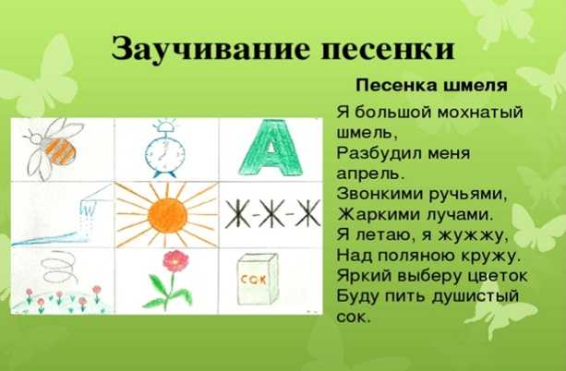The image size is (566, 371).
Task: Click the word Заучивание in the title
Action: pos(211,50)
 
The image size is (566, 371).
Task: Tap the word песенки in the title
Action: pos(387,50)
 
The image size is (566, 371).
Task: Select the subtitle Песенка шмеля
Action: pos(432,86)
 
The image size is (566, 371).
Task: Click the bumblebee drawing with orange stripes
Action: pos(54,149)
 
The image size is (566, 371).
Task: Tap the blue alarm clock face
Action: pos(164,153)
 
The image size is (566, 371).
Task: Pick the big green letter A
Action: pos(271,148)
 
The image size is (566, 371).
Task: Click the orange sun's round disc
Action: pos(167,215)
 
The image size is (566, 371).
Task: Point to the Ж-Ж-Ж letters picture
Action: pos(272,214)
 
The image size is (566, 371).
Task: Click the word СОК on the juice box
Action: pos(253,279)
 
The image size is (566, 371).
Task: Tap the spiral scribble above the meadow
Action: pos(60,268)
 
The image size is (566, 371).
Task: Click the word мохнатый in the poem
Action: pos(480,113)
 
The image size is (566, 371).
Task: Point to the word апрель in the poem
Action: pos(370,174)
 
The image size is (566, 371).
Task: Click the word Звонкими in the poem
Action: pos(380,194)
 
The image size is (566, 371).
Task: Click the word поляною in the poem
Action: pos(416,257)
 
